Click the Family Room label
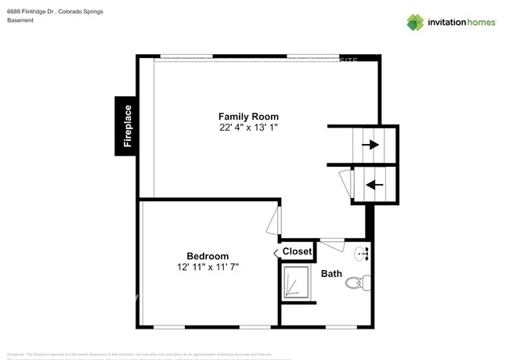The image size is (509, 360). pyautogui.click(x=248, y=117)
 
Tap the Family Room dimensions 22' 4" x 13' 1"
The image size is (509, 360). pyautogui.click(x=248, y=127)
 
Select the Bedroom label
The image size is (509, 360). pyautogui.click(x=208, y=256)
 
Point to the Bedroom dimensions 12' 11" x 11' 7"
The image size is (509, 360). pyautogui.click(x=208, y=267)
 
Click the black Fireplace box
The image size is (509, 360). pyautogui.click(x=127, y=125)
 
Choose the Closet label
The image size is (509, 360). pyautogui.click(x=297, y=251)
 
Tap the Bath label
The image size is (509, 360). pyautogui.click(x=331, y=273)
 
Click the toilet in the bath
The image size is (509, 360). pyautogui.click(x=356, y=283)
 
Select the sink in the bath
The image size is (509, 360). pyautogui.click(x=363, y=253)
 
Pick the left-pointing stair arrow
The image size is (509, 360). pyautogui.click(x=375, y=185)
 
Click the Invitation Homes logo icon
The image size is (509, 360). pyautogui.click(x=415, y=22)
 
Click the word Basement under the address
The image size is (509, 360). pyautogui.click(x=20, y=20)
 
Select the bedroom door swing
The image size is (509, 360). pyautogui.click(x=273, y=219)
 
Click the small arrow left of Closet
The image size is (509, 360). pyautogui.click(x=276, y=252)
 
